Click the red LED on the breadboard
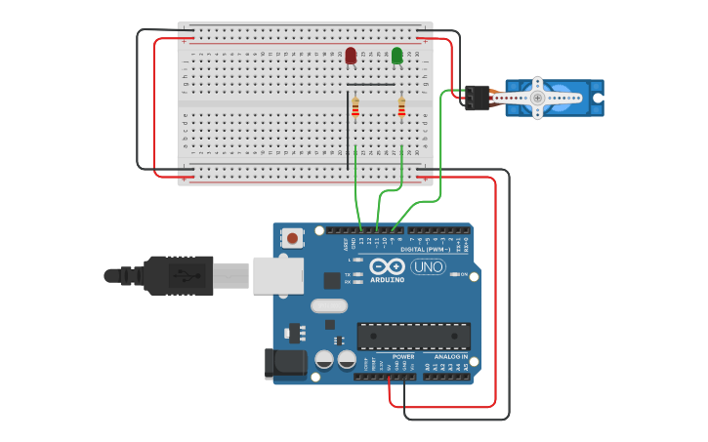(351, 56)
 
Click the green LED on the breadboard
(397, 56)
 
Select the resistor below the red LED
(354, 107)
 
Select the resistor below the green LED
(401, 107)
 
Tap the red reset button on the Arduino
(292, 237)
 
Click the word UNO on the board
(428, 266)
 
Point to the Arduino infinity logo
(388, 266)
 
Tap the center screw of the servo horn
(536, 97)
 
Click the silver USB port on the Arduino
(277, 275)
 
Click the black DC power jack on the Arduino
(284, 364)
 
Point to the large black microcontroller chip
(413, 336)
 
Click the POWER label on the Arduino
(403, 357)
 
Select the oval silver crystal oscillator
(329, 305)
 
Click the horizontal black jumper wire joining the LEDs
(371, 85)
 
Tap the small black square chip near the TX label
(332, 280)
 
